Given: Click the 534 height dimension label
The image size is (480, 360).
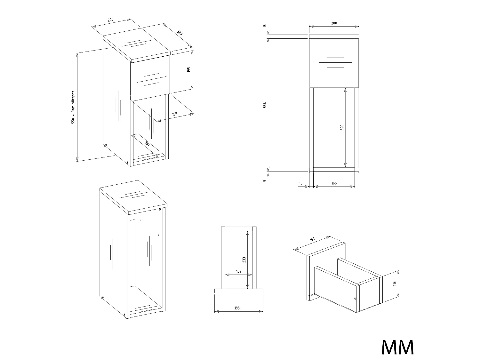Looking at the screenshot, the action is (265, 105).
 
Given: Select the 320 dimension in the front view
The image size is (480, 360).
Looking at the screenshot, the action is (342, 127).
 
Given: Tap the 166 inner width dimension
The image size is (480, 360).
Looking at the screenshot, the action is (334, 183).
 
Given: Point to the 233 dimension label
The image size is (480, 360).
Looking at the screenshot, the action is (244, 260).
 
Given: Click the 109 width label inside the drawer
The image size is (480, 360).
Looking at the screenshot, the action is (239, 271).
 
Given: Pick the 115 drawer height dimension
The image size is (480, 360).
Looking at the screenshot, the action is (395, 284).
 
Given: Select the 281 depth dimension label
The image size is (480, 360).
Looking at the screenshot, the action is (147, 144).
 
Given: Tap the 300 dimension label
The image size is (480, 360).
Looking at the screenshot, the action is (180, 33).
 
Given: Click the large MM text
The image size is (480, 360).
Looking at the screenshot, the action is (398, 347).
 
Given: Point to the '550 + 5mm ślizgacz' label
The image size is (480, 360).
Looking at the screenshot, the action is (73, 107).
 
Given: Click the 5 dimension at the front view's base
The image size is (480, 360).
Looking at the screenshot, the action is (265, 181).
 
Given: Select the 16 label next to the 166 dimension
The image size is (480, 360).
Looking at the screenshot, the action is (301, 183).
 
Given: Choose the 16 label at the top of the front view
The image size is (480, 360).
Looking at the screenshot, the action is (265, 26).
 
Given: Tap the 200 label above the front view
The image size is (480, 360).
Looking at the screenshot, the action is (334, 23).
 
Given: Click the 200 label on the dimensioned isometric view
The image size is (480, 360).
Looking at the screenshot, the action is (111, 20).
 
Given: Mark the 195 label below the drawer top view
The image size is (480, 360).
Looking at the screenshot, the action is (237, 308).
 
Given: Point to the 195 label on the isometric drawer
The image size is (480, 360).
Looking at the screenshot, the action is (312, 239).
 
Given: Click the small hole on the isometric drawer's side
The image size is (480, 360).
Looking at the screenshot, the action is (355, 299).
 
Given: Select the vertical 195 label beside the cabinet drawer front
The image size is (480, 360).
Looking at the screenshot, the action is (189, 70).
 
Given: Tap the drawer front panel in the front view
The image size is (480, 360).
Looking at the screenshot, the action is (334, 63).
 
